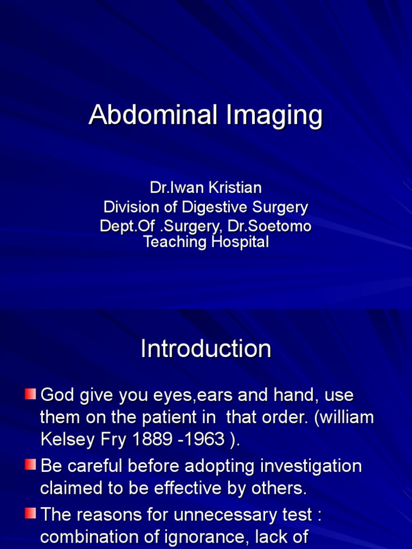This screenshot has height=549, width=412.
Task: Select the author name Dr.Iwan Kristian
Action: [x=206, y=188]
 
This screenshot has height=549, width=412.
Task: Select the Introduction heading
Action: [x=206, y=349]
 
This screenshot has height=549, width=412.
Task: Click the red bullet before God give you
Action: [x=31, y=395]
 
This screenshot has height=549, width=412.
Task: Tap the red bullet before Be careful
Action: [x=31, y=465]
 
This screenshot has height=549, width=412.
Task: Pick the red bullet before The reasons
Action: [x=31, y=514]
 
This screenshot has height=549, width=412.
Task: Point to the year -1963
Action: [x=206, y=439]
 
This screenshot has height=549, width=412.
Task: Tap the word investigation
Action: [x=311, y=466]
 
